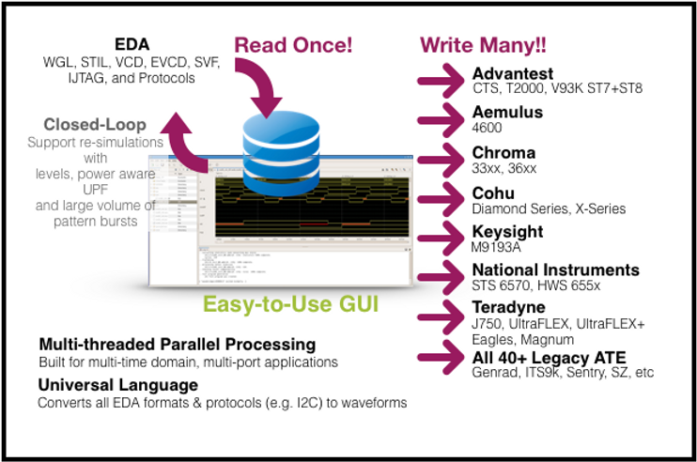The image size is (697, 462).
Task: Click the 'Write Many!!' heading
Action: point(483,45)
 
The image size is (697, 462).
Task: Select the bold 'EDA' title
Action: point(132,44)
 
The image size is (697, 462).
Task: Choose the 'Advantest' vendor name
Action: point(514,73)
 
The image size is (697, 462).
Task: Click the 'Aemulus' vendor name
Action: point(507,113)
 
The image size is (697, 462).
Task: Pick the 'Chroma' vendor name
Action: point(503,152)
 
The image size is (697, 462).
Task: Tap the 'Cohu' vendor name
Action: point(493,192)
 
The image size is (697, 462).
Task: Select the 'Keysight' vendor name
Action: point(507,232)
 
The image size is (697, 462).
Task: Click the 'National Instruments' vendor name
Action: point(555,270)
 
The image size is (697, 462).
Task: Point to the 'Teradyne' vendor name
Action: point(508,308)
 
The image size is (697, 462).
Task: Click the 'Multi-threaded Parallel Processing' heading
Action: point(177,345)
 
